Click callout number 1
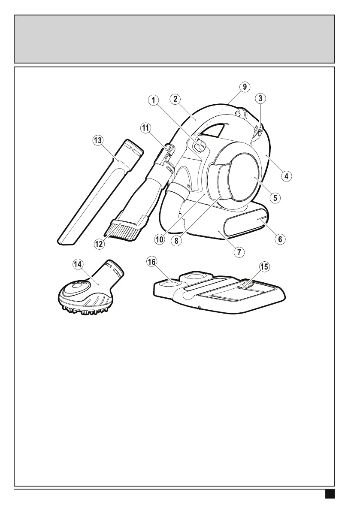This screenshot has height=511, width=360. click(x=153, y=100)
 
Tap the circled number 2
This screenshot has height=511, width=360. click(x=175, y=99)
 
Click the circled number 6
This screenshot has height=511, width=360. click(x=280, y=239)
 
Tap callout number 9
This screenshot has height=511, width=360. click(x=244, y=87)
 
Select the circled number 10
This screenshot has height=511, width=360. click(x=160, y=240)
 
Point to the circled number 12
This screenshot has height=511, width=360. click(x=100, y=243)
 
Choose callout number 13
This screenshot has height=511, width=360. click(x=98, y=140)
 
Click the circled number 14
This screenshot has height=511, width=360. click(x=78, y=265)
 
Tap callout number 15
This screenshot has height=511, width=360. click(x=264, y=266)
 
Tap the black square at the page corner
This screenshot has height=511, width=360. click(x=330, y=495)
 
